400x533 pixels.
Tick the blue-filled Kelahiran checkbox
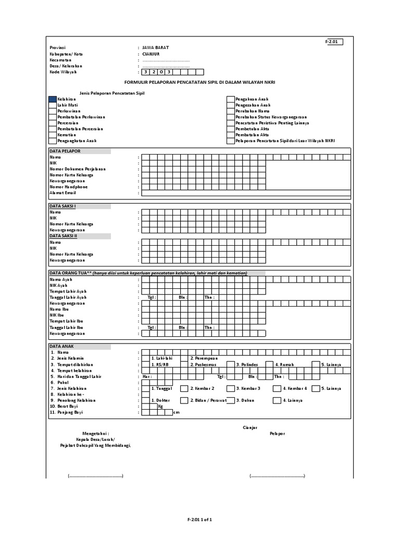53,99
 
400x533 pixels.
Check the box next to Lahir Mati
53,105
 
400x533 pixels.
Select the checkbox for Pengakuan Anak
230,99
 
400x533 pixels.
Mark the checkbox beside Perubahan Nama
230,111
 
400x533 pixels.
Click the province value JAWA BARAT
155,47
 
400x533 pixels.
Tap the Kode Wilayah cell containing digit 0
161,72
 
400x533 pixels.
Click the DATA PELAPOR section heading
65,151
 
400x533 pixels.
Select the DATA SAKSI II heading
64,236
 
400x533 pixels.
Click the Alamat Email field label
63,193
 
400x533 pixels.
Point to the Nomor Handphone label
69,186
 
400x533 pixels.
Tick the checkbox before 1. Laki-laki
146,358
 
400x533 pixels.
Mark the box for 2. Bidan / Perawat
184,400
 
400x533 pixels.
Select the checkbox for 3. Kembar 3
230,388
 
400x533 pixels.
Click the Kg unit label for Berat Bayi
160,407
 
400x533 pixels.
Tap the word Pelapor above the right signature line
277,434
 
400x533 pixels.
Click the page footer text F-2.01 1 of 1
200,519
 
